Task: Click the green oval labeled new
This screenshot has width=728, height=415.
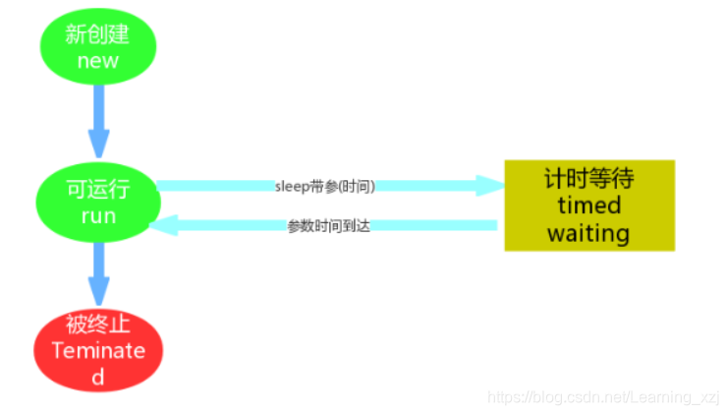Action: point(98,46)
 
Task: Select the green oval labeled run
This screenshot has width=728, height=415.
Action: point(97,202)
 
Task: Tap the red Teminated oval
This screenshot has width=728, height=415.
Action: point(97,349)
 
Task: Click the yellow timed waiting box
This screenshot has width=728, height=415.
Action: point(589,205)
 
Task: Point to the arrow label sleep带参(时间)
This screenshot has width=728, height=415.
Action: point(325,185)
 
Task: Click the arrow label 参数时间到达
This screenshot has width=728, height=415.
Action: point(328,225)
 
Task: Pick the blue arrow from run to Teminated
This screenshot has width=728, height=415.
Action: point(99,273)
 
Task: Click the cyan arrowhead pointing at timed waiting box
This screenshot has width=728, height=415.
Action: point(487,185)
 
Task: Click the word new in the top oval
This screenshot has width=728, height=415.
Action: point(98,60)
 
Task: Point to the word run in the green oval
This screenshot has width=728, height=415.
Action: point(98,215)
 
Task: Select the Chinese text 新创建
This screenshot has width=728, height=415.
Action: point(97,34)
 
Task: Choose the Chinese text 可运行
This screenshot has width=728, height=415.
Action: point(97,189)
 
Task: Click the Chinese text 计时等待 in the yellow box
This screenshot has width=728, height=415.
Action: point(588,179)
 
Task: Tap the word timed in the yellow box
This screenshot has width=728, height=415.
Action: point(588,206)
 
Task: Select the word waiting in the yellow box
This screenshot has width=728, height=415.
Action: point(588,233)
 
